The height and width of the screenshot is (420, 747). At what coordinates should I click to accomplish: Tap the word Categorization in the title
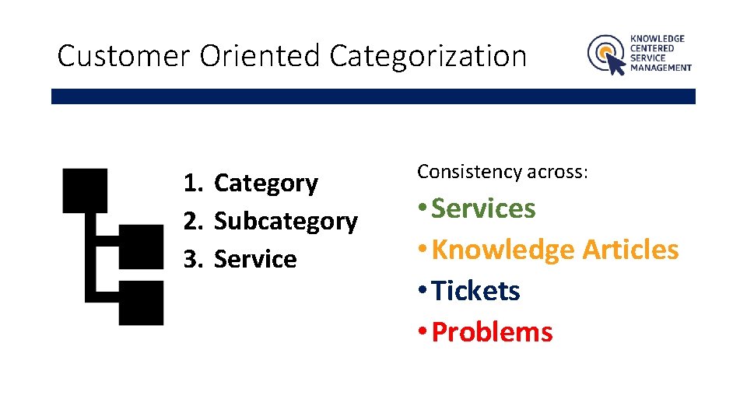pyautogui.click(x=428, y=57)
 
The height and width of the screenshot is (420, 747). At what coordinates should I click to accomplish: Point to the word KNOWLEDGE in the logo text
pyautogui.click(x=658, y=38)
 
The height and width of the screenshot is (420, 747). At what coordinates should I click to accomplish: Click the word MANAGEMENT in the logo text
pyautogui.click(x=661, y=68)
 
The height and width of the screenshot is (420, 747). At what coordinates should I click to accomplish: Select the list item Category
pyautogui.click(x=265, y=184)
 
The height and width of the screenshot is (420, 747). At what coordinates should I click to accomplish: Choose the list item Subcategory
pyautogui.click(x=285, y=222)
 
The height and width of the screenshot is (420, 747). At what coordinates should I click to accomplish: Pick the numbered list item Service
pyautogui.click(x=254, y=259)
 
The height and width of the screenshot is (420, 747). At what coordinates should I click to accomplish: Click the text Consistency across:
pyautogui.click(x=503, y=172)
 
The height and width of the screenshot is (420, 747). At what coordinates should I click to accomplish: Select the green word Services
pyautogui.click(x=483, y=208)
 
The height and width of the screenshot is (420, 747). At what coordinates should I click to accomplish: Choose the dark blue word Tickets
pyautogui.click(x=475, y=291)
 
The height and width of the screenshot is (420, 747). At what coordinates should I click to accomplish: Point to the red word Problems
pyautogui.click(x=492, y=332)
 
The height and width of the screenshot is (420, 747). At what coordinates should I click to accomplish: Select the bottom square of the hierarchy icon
pyautogui.click(x=141, y=303)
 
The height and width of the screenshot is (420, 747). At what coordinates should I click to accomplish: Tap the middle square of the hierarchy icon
pyautogui.click(x=141, y=247)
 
